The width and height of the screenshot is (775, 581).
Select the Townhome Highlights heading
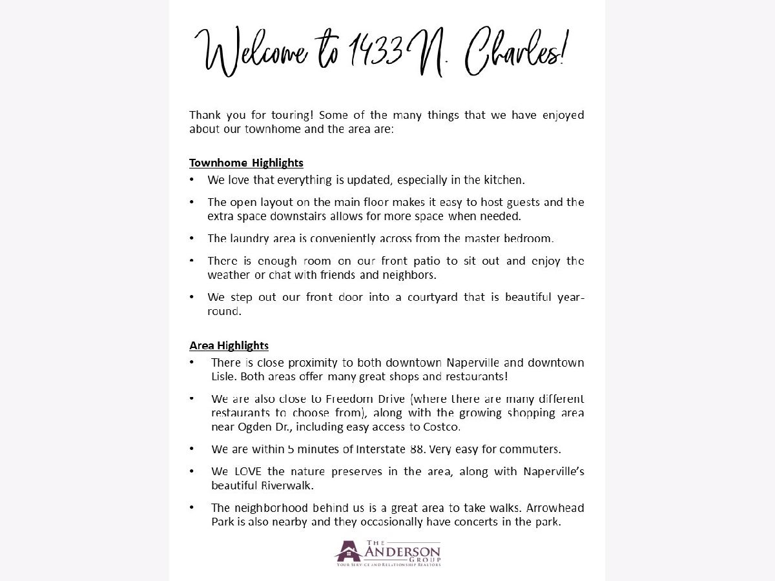coord(246,163)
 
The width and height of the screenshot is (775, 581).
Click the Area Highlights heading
coord(229,345)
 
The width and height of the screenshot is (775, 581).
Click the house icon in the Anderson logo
coord(347,551)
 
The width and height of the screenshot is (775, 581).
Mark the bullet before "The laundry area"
coord(192,238)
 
